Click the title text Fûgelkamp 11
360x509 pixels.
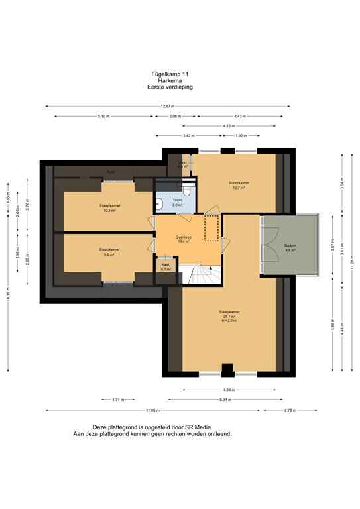(170, 74)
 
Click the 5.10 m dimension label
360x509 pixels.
(103, 116)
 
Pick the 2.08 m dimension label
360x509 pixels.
(174, 116)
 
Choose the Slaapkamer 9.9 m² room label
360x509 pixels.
(105, 252)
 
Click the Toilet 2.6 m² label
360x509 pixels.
(177, 203)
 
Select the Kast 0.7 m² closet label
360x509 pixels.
(166, 267)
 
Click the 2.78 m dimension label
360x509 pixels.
(290, 410)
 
